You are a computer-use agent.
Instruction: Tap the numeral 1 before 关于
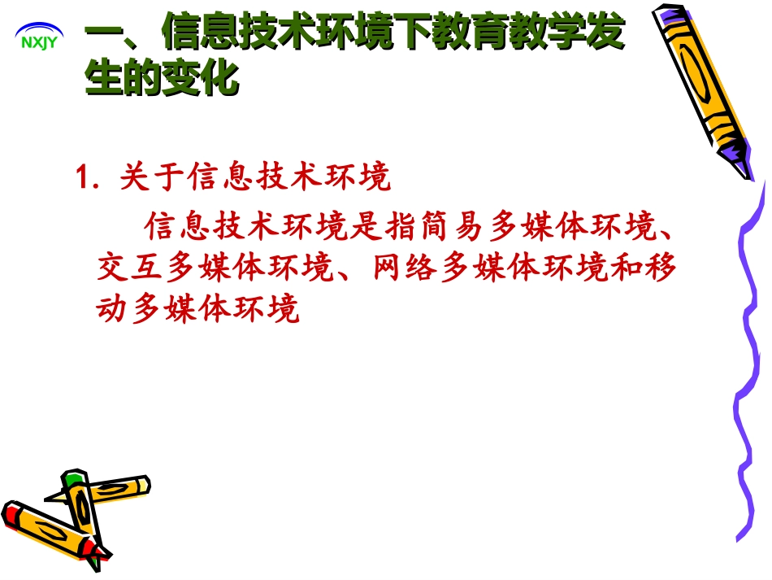coord(81,177)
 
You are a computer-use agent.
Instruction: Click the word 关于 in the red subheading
coord(151,177)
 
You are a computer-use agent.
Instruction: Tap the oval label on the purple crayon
coord(695,74)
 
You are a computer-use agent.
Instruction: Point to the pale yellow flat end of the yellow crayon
coord(145,485)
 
